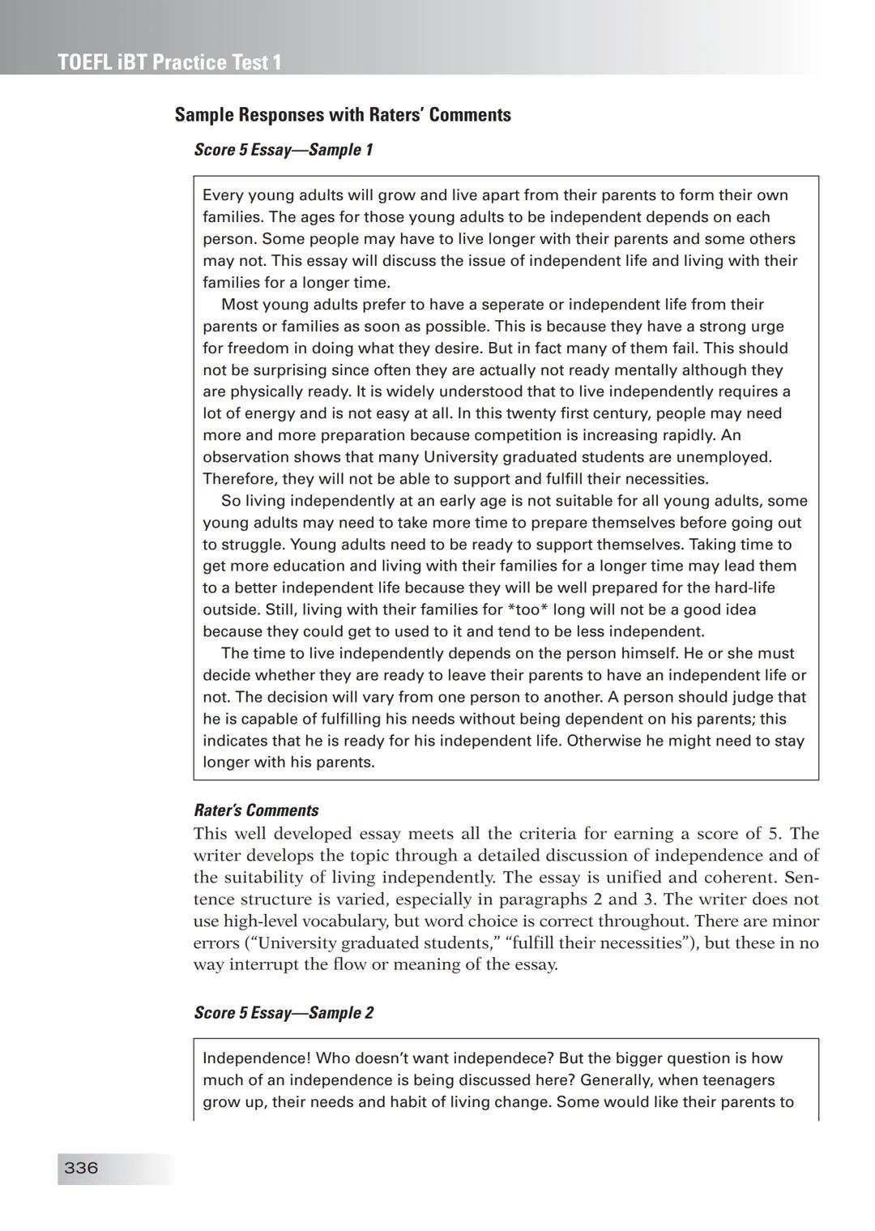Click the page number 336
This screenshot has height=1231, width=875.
(81, 1168)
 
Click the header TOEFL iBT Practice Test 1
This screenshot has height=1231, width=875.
(170, 62)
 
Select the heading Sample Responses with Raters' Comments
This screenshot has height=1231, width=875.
(343, 115)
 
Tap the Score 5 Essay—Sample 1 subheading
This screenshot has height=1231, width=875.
(284, 150)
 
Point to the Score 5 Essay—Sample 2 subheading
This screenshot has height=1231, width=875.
(284, 1013)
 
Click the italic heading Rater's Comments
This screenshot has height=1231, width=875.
(256, 810)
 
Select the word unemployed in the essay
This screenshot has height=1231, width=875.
(725, 457)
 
